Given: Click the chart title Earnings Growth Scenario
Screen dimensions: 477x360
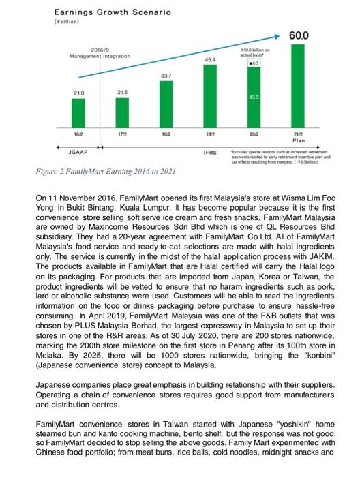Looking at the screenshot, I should tap(103, 12).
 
